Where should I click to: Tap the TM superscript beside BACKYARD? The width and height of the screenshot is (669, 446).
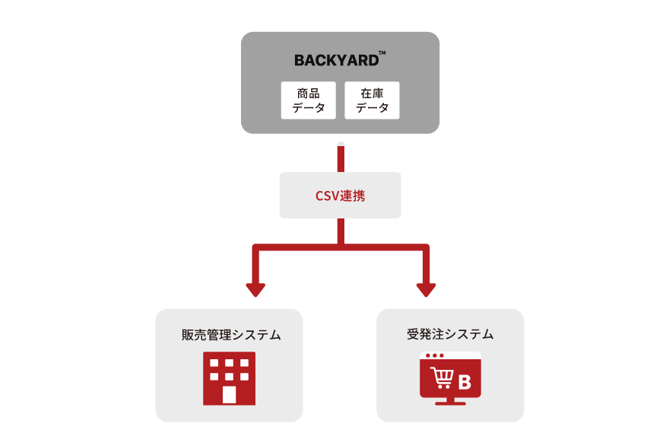pos(382,53)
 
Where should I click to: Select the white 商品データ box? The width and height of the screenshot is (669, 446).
pos(308,100)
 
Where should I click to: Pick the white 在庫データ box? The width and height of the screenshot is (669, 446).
pos(372,100)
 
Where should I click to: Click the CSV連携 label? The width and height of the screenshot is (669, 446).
pos(340,196)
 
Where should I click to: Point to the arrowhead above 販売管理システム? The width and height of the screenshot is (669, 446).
pos(255,289)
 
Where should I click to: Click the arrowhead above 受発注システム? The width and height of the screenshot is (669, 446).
pos(426,289)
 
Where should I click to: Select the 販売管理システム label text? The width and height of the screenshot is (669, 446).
pos(231,335)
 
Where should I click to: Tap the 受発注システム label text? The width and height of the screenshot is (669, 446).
pos(450,334)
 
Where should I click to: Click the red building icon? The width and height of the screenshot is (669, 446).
pos(229,378)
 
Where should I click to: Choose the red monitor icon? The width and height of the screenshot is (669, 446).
pos(450,378)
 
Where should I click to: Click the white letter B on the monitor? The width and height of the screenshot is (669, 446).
pos(465,383)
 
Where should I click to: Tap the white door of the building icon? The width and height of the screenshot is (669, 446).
pos(229,394)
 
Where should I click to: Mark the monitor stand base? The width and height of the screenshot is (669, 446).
pos(450,402)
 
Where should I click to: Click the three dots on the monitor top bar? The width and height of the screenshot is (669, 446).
pos(434,355)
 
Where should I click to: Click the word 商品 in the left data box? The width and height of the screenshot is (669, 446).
pos(308,93)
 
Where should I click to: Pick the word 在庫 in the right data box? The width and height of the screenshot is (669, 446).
pos(372,93)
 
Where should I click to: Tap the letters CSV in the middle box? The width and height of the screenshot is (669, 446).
pos(328,196)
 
